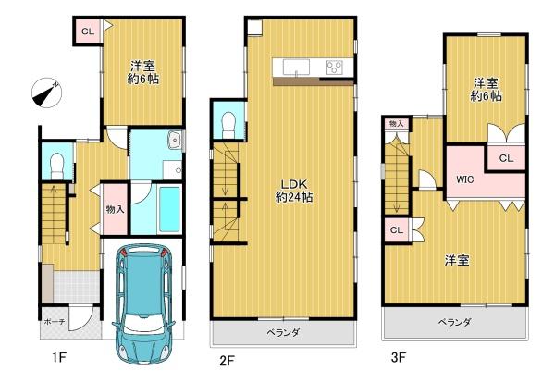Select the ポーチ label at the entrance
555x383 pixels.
pos(55,322)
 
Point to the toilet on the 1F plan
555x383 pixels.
pos(56,167)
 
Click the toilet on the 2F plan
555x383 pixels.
pos(228,126)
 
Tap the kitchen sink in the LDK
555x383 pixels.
pos(296,68)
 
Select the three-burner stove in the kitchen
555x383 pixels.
pos(334,68)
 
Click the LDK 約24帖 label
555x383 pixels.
pos(294,191)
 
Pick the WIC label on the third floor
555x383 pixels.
pos(464,179)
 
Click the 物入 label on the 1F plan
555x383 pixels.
pos(115,209)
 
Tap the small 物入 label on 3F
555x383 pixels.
pos(396,124)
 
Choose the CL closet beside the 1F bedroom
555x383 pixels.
pos(88,31)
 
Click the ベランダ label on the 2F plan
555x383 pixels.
pos(283,333)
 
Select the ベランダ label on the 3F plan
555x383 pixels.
pos(454,323)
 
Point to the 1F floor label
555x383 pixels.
pos(59,357)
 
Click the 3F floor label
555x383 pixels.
pos(398,357)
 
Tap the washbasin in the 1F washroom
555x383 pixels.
pos(175,141)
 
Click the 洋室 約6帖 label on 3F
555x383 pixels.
pos(486,90)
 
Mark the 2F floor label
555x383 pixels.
pos(227,361)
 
